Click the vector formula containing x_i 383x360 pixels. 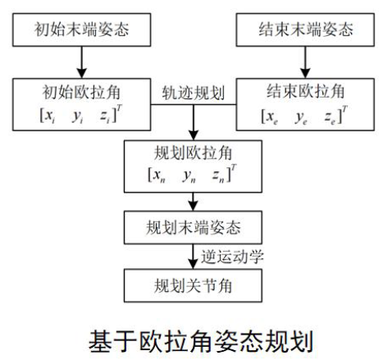80,113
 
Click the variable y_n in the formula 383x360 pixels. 192,175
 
